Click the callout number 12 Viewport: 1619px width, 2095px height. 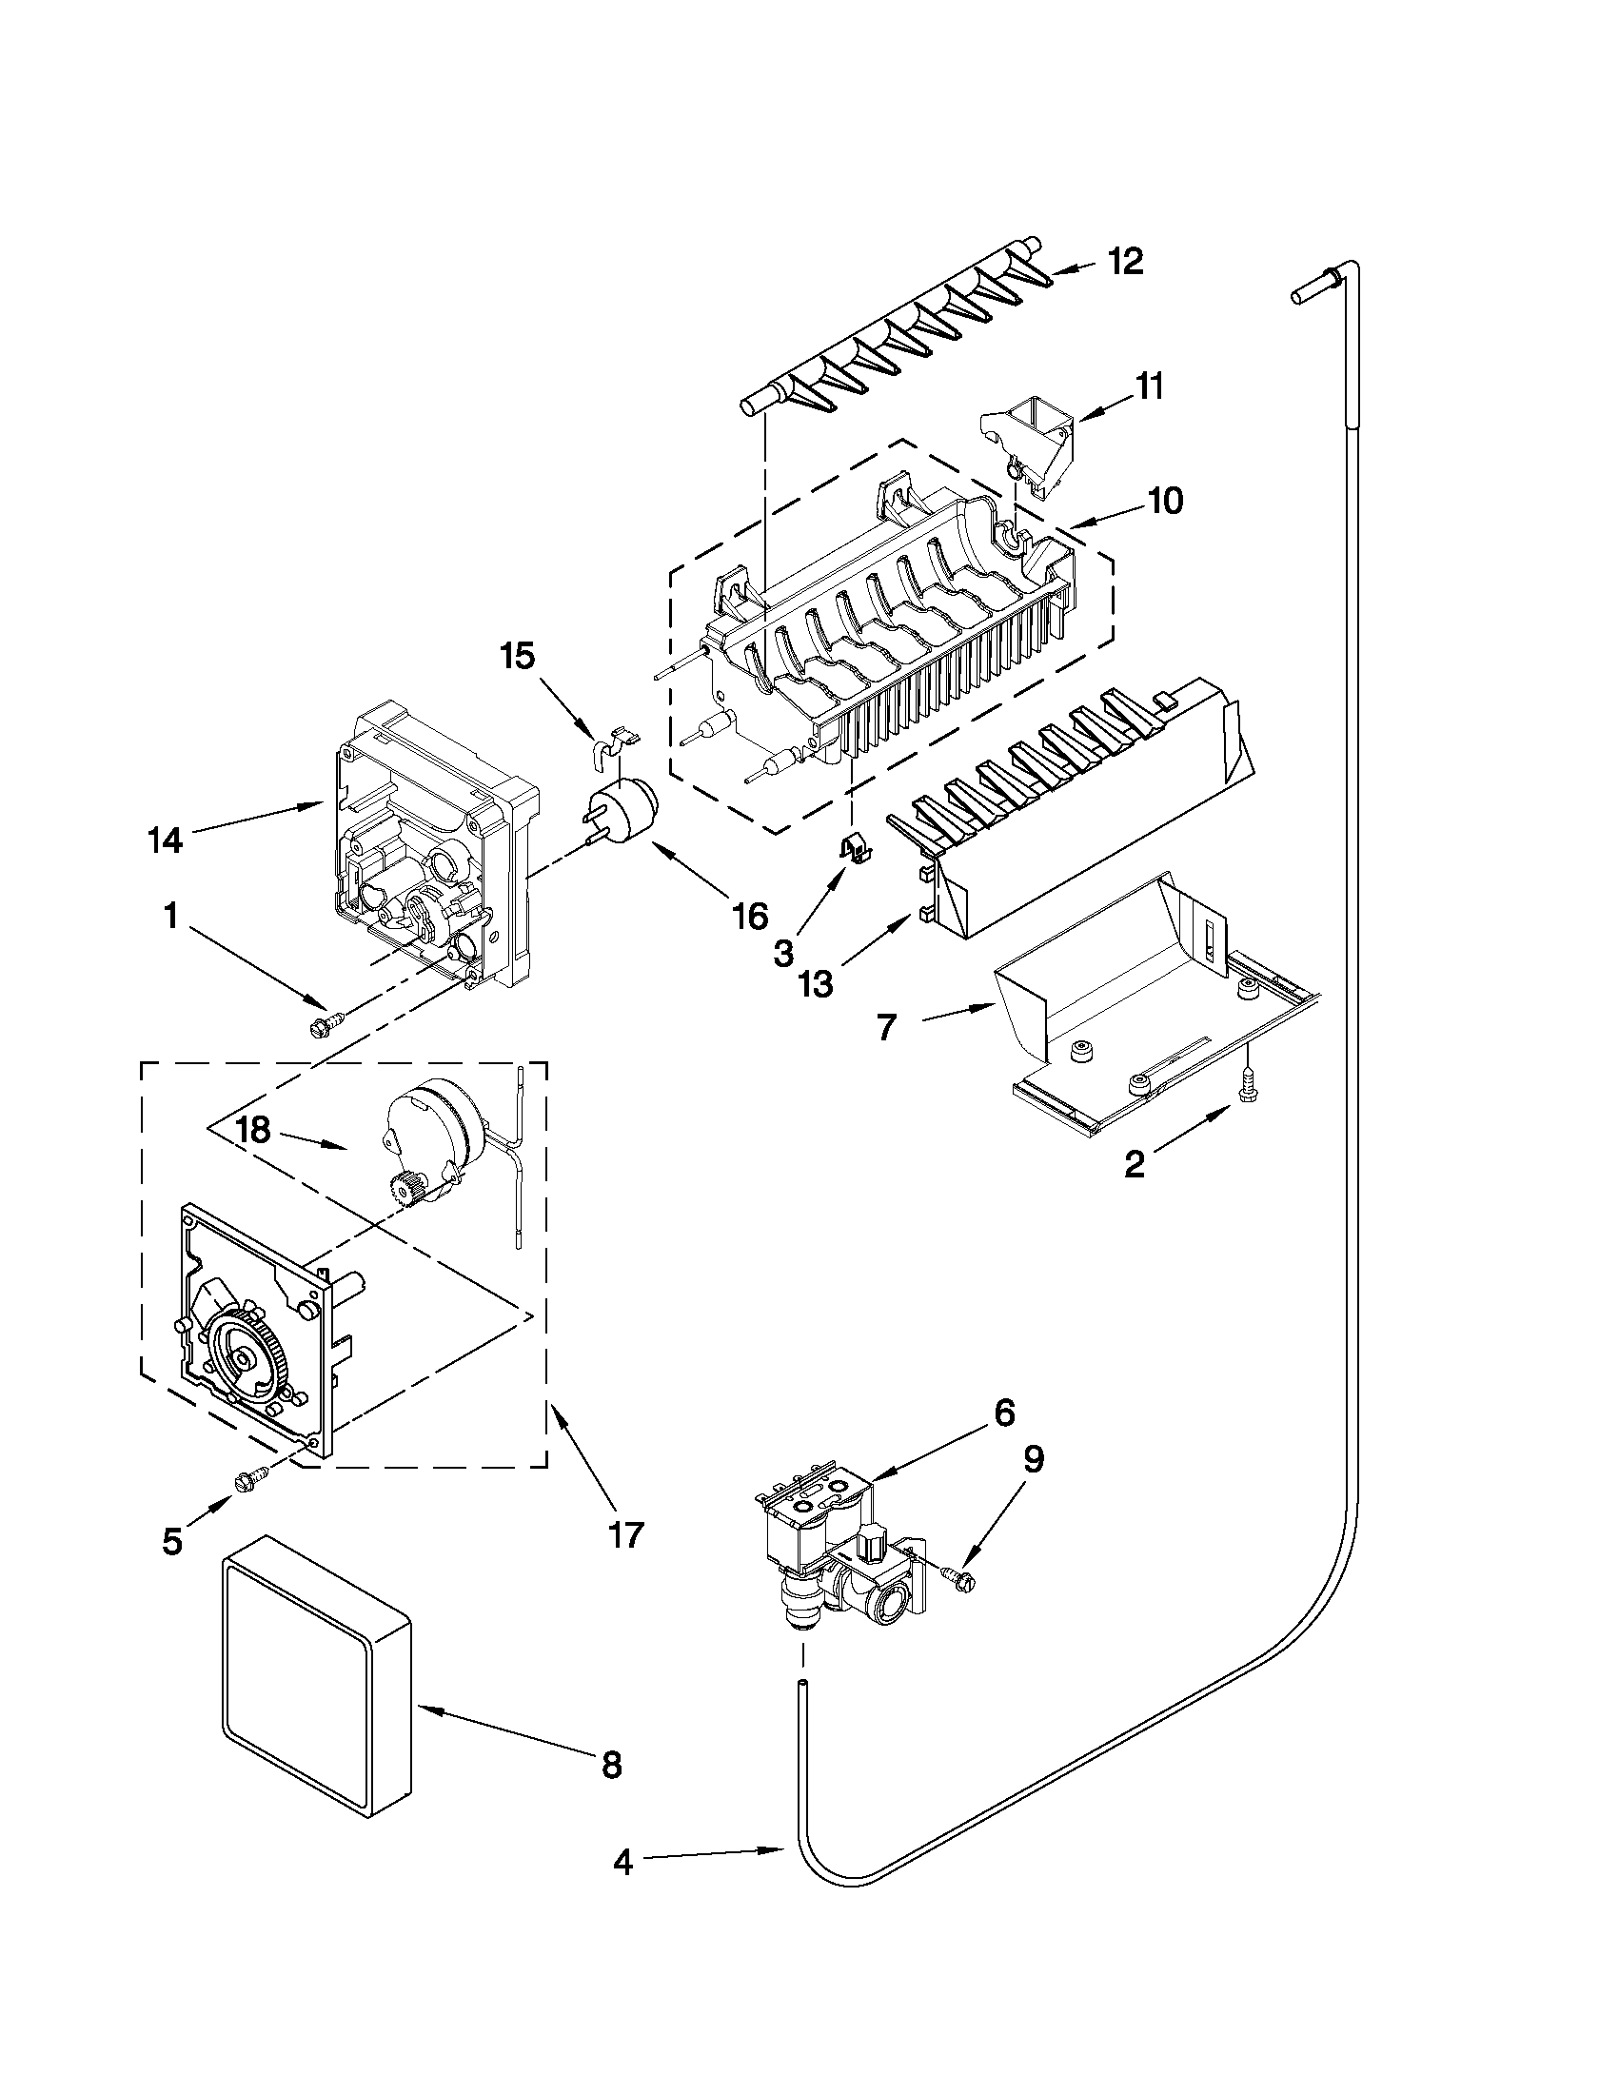pos(1127,261)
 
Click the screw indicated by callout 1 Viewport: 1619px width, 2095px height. pos(320,1024)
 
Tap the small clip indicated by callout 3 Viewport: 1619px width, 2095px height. pos(852,847)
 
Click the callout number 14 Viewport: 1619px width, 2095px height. pos(165,840)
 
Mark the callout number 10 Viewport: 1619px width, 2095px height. pos(1166,501)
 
